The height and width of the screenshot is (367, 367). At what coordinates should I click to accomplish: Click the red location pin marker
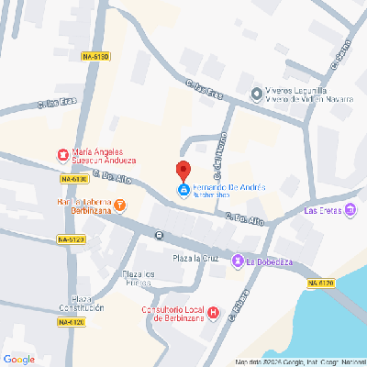[x=183, y=171]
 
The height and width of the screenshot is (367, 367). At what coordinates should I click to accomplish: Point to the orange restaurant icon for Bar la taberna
[x=120, y=206]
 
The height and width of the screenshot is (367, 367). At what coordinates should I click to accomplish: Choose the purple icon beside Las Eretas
[x=350, y=210]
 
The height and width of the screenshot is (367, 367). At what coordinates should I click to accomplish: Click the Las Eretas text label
[x=321, y=210]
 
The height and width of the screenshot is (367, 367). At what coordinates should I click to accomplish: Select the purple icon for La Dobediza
[x=238, y=261]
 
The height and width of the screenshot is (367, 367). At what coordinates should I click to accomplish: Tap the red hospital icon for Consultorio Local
[x=214, y=313]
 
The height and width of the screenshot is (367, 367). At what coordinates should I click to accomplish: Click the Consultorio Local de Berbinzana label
[x=169, y=313]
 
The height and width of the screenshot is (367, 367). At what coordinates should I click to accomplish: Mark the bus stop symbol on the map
[x=160, y=235]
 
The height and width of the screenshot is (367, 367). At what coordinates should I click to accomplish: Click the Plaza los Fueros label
[x=140, y=278]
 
